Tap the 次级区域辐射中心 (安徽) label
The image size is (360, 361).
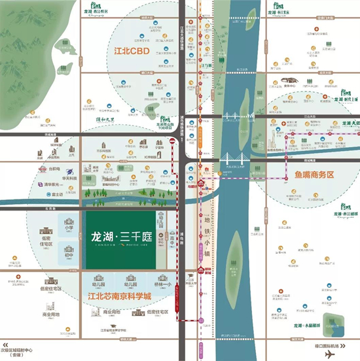pos(27,347)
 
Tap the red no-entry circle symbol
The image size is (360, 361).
pos(172,141)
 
